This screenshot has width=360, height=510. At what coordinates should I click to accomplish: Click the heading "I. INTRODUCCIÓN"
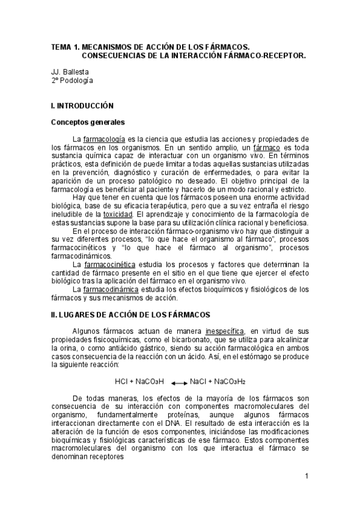tap(82, 105)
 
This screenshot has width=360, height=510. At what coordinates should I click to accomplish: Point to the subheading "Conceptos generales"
tap(87, 122)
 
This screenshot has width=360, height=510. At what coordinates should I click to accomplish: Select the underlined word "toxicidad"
tap(117, 214)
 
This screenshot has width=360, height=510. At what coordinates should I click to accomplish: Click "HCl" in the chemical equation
tap(121, 381)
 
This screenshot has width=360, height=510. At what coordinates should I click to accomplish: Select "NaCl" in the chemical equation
tap(198, 381)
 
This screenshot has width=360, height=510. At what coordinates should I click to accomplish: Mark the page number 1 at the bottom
tap(307, 477)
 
